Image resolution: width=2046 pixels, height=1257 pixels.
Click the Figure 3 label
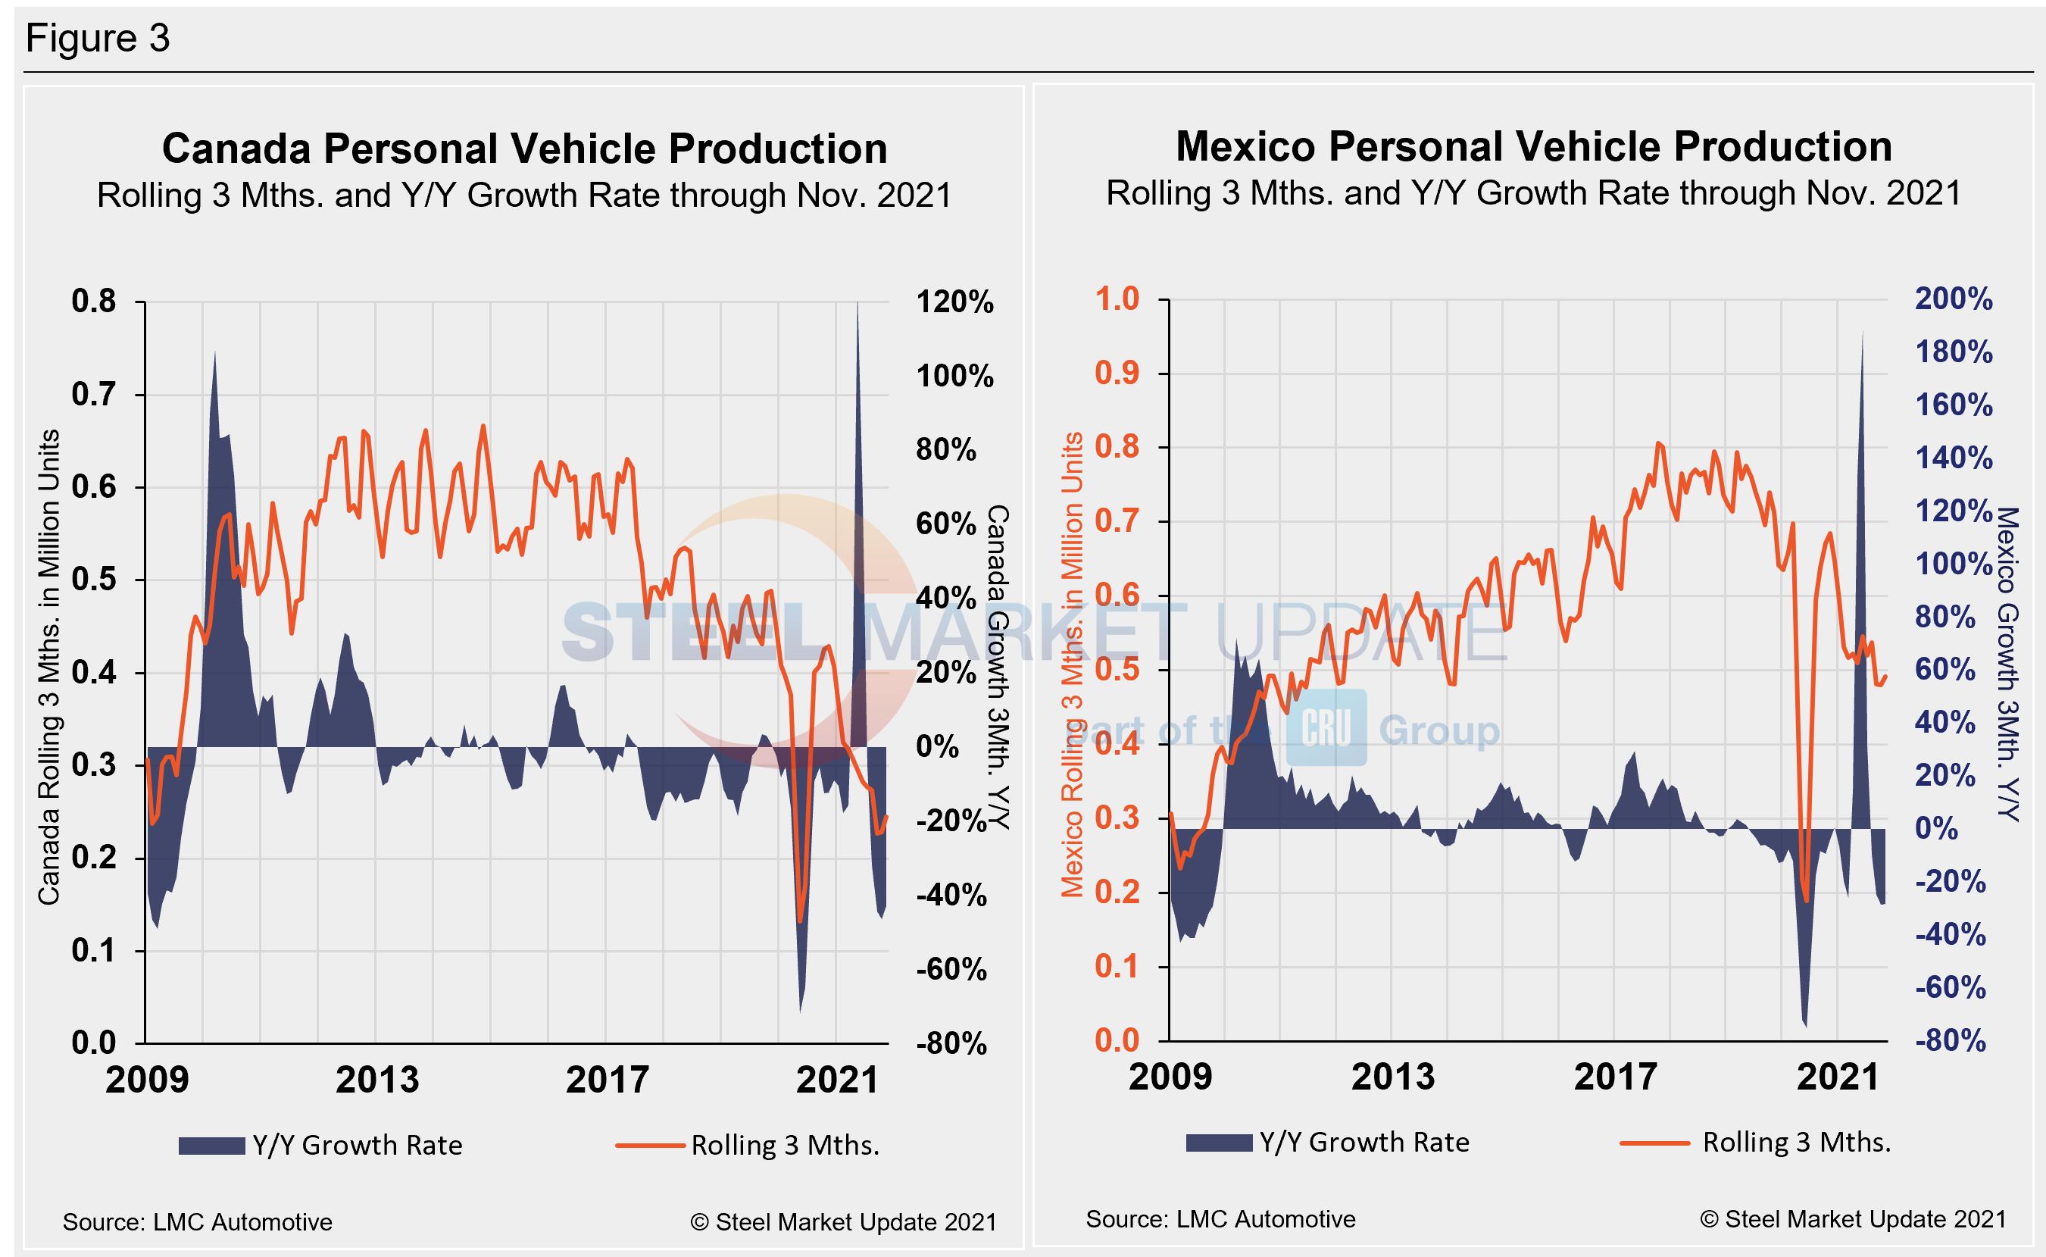tap(97, 38)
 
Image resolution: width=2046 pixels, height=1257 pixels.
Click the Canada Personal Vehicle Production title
tap(524, 149)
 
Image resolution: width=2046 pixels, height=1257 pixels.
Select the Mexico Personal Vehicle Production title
tap(1533, 146)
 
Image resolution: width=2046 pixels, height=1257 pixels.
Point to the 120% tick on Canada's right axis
tap(954, 302)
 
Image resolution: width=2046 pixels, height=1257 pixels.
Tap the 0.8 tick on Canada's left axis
tap(93, 301)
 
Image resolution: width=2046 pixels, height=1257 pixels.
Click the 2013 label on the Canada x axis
tap(377, 1080)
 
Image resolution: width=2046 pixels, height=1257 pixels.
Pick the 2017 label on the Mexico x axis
tap(1616, 1077)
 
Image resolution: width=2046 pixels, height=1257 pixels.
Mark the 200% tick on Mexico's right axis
tap(1953, 299)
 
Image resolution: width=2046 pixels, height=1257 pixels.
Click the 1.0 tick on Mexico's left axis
tap(1117, 299)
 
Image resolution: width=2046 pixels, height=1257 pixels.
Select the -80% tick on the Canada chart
tap(951, 1043)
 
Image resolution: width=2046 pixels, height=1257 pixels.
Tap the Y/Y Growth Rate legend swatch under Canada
tap(211, 1146)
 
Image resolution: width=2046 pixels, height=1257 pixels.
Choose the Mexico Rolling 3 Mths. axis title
tap(1072, 665)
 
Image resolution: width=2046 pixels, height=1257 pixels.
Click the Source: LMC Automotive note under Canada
tap(197, 1222)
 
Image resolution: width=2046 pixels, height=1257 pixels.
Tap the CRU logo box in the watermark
tap(1326, 727)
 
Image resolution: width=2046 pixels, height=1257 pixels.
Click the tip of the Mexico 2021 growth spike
tap(1863, 333)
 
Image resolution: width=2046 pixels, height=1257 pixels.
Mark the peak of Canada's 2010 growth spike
tap(215, 352)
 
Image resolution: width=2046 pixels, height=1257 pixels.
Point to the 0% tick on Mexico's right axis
tap(1936, 829)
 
